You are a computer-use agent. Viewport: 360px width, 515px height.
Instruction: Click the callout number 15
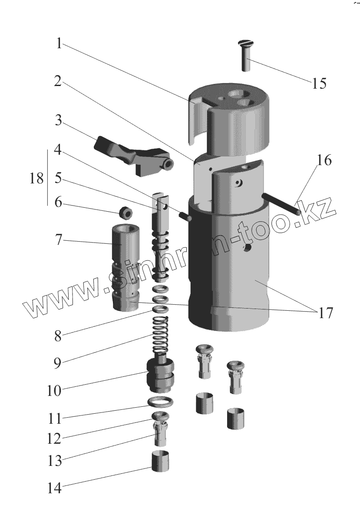(x=319, y=83)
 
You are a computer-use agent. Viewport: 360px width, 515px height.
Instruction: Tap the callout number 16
(x=324, y=160)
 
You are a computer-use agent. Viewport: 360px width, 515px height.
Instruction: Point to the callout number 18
(x=37, y=178)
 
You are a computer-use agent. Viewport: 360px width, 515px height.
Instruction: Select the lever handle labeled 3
(x=130, y=156)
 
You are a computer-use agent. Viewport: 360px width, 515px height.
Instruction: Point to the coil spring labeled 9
(x=161, y=335)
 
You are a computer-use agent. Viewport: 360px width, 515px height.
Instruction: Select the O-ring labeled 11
(x=161, y=402)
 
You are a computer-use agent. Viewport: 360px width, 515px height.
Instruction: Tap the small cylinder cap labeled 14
(x=160, y=461)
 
